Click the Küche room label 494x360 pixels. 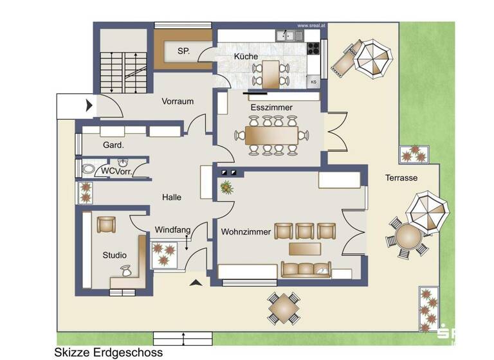pyautogui.click(x=246, y=57)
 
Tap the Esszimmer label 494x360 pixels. pyautogui.click(x=272, y=107)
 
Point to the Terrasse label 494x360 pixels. pyautogui.click(x=402, y=178)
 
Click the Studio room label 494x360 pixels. pyautogui.click(x=114, y=255)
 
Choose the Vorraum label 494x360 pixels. pyautogui.click(x=178, y=102)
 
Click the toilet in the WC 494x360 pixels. pyautogui.click(x=87, y=170)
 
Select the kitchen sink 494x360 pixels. pyautogui.click(x=289, y=36)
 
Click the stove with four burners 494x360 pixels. pyautogui.click(x=313, y=47)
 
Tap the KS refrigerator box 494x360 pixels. pyautogui.click(x=313, y=82)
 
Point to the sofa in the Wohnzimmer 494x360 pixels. pyautogui.click(x=306, y=269)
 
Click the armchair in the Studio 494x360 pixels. pyautogui.click(x=105, y=225)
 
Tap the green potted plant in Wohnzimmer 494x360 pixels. pyautogui.click(x=226, y=187)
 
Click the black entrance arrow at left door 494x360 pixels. pyautogui.click(x=89, y=104)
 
